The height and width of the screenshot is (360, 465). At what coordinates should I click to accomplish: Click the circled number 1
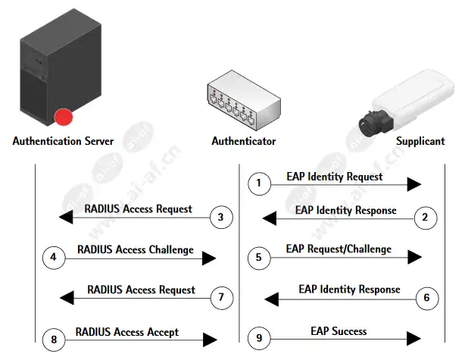click(259, 183)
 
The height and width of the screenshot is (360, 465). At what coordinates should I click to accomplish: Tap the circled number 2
click(426, 218)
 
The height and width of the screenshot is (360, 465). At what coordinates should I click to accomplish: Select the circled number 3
click(221, 218)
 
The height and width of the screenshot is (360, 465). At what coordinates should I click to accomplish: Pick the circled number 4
click(54, 258)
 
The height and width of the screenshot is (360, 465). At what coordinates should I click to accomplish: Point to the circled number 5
click(259, 258)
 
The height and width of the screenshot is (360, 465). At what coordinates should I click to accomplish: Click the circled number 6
click(426, 298)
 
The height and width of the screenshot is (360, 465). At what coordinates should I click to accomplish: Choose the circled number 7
click(222, 297)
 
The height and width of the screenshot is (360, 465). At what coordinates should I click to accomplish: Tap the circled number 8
click(54, 340)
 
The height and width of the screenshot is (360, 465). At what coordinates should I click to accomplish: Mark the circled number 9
click(259, 338)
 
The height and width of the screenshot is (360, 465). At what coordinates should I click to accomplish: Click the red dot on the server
click(64, 117)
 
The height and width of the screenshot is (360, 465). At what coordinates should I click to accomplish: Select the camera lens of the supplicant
click(369, 124)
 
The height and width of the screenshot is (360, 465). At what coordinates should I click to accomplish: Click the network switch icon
click(243, 100)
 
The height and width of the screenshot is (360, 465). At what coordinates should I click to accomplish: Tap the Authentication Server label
click(63, 141)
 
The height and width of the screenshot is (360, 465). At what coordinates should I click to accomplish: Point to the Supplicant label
click(420, 141)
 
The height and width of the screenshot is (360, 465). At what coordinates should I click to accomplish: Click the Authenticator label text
click(244, 141)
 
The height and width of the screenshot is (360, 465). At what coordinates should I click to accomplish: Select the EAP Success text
click(339, 331)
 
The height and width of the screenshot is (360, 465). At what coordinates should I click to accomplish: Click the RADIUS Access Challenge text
click(136, 249)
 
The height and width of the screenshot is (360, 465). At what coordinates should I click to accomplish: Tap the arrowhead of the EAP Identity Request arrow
click(414, 184)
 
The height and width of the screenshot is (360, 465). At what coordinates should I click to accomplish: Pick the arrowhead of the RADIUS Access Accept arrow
click(210, 340)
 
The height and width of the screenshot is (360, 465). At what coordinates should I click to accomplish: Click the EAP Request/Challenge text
click(339, 249)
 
